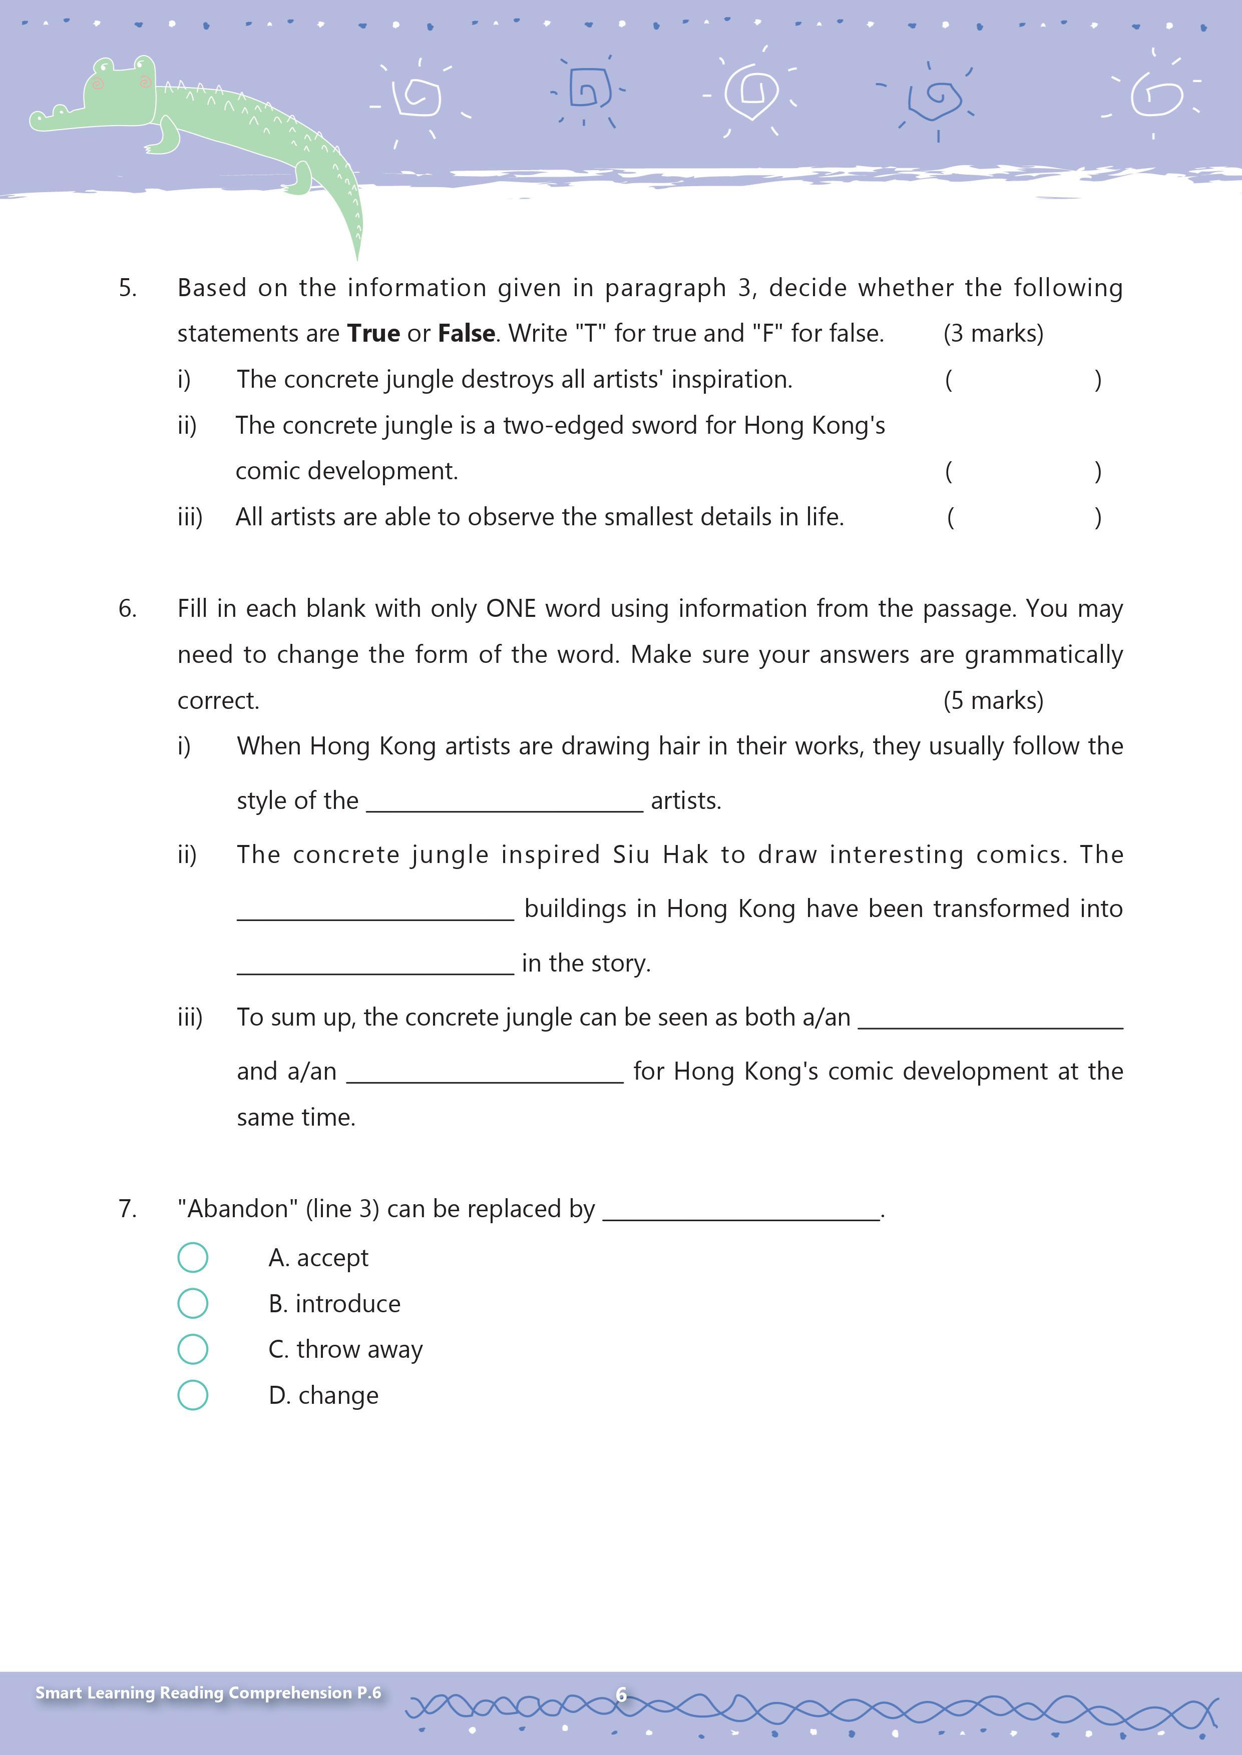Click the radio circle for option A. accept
click(193, 1257)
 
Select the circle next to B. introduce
click(193, 1303)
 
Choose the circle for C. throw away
click(193, 1349)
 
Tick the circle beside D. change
click(193, 1395)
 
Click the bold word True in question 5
click(373, 333)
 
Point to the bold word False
click(466, 333)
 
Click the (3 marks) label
click(993, 333)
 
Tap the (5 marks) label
click(993, 700)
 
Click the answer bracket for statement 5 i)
click(1023, 380)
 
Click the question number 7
click(128, 1209)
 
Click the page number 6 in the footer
click(621, 1694)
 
